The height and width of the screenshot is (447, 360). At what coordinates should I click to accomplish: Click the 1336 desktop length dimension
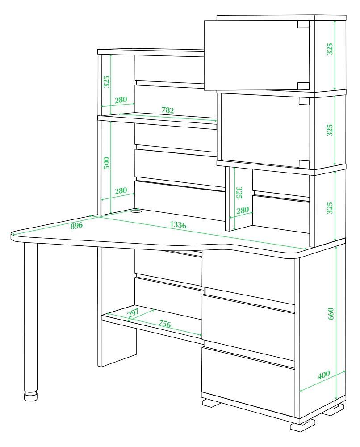178,225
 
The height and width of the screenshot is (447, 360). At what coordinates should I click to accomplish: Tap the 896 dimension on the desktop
76,225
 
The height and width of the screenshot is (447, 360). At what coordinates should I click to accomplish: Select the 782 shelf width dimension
167,110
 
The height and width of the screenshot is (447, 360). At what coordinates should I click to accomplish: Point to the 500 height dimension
106,163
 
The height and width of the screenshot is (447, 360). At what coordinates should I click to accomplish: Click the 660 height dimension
331,314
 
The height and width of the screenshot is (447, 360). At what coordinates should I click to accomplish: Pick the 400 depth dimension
323,374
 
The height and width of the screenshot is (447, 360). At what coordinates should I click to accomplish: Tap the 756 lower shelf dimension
165,324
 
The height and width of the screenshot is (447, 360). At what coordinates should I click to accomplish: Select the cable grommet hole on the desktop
137,211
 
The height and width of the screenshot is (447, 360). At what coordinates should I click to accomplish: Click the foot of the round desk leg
31,396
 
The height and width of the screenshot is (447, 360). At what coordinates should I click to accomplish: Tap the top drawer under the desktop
248,274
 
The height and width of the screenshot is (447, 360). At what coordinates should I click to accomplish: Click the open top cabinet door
257,55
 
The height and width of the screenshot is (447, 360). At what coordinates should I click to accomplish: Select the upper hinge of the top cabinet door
303,25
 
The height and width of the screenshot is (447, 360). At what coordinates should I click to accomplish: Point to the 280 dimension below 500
121,190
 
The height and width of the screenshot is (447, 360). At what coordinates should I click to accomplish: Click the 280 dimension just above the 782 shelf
121,100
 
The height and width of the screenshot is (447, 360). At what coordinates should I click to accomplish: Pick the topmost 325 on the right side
329,49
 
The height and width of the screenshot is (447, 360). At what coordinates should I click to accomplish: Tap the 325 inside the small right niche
239,193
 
